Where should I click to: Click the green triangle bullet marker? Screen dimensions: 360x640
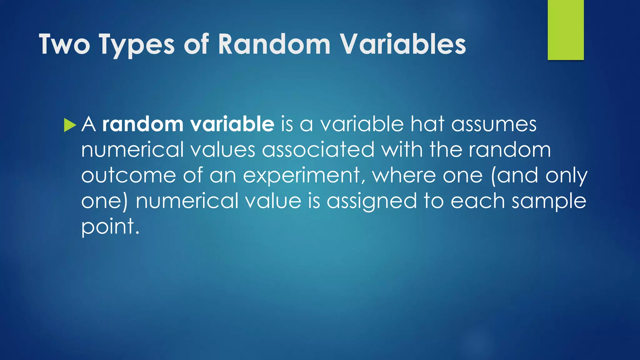tap(70, 125)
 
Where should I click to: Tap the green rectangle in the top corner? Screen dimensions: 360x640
tap(565, 30)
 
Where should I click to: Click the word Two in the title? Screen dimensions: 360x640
tap(64, 44)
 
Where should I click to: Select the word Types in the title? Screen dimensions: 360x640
tap(137, 45)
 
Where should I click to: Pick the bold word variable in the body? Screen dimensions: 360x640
tap(232, 124)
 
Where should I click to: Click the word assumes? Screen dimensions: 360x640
tap(494, 125)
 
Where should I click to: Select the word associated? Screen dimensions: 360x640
tap(318, 150)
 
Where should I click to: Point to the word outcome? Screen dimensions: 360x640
tap(128, 175)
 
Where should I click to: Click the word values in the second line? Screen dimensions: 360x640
tap(222, 150)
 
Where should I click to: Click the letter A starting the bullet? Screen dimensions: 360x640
tap(88, 124)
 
